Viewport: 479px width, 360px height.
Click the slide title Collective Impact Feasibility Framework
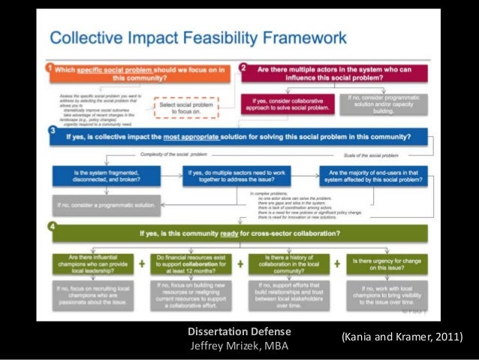(x=197, y=37)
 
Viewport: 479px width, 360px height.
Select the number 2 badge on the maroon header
(x=243, y=68)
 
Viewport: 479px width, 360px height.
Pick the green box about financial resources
(x=197, y=264)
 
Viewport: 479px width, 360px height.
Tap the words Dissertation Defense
(x=239, y=331)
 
